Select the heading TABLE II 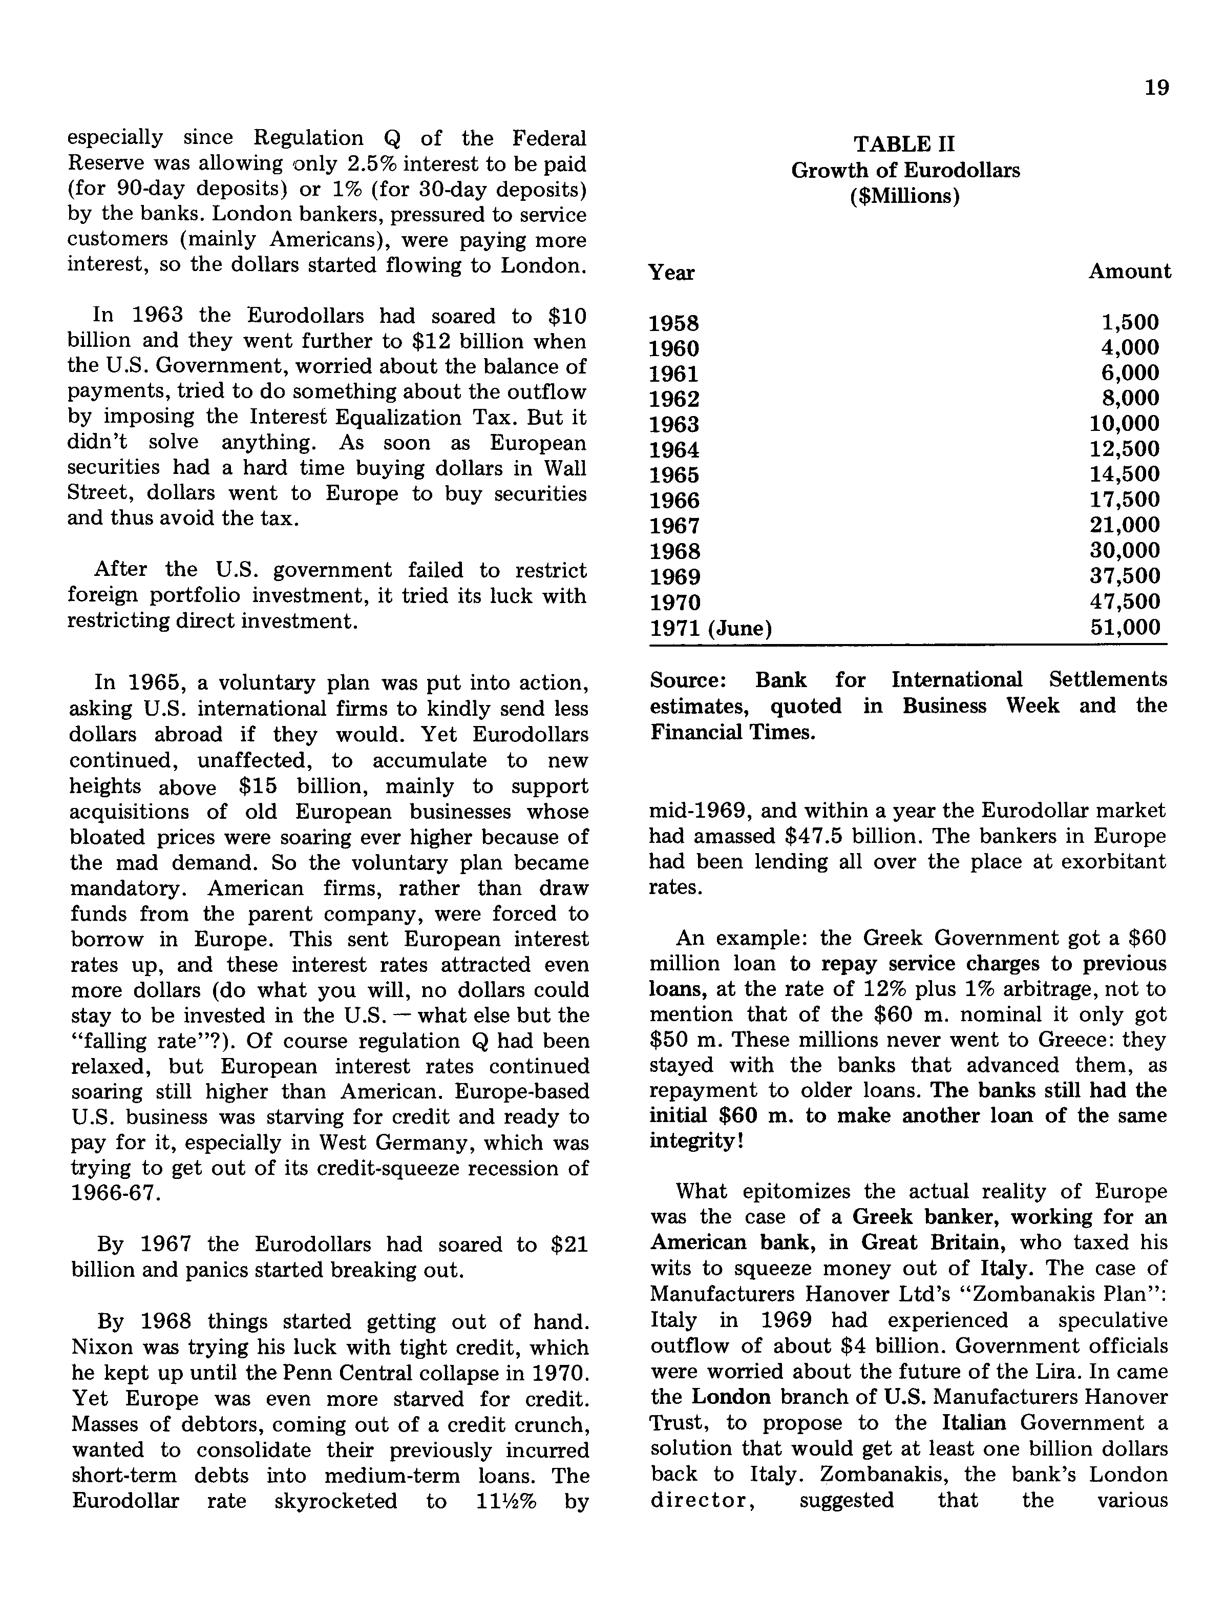pos(904,144)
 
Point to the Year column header pos(671,273)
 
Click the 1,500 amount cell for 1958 pos(1130,322)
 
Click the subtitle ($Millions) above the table pos(904,197)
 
